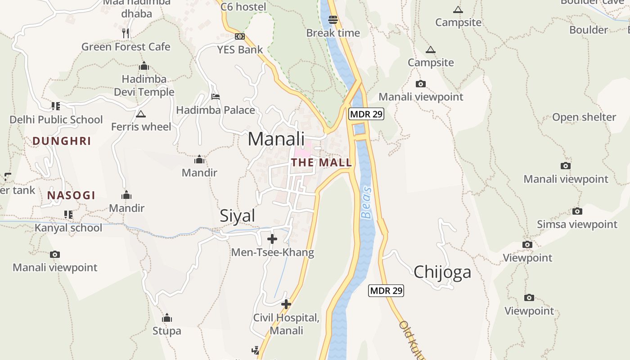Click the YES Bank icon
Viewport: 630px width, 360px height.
tap(240, 36)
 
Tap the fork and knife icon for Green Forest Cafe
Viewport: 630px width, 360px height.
tap(126, 33)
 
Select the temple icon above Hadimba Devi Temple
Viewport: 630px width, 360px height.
tap(144, 66)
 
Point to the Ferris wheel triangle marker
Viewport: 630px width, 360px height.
tap(141, 114)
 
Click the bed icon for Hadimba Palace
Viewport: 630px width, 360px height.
tap(216, 97)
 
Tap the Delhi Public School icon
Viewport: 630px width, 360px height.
tap(56, 106)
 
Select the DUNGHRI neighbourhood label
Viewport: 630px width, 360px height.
tap(62, 141)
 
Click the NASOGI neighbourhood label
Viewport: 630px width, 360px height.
tap(71, 195)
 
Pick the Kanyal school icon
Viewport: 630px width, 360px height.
tap(68, 214)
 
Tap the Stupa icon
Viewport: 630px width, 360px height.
tap(167, 318)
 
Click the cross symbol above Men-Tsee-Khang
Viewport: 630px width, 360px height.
tap(272, 239)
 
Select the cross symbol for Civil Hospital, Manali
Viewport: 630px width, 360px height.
tap(286, 304)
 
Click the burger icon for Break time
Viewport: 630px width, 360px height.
tap(333, 20)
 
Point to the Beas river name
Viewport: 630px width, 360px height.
tap(367, 202)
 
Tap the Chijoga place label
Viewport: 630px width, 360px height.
tap(442, 272)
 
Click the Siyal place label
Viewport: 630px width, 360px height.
tap(237, 216)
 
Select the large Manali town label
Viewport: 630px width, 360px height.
tap(276, 139)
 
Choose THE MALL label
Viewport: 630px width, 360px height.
tap(321, 162)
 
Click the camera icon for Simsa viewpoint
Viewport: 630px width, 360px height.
tap(577, 211)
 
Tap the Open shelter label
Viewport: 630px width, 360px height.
tap(584, 117)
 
